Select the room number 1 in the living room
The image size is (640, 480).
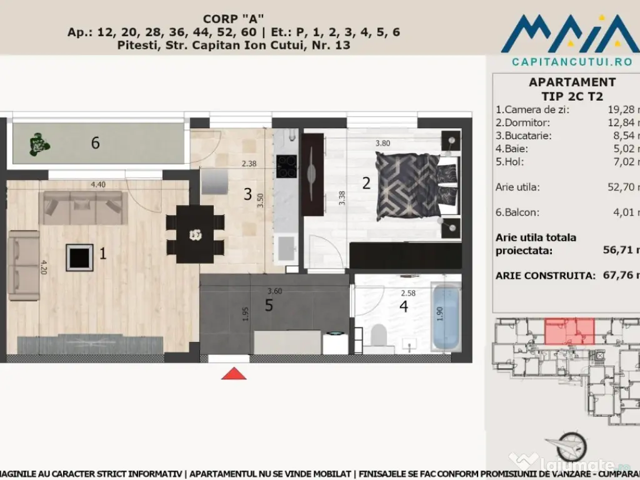coord(103,253)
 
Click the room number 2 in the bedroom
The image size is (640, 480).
coord(366,183)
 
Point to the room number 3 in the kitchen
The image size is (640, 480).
coord(247,194)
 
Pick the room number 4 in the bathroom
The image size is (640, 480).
coord(404,307)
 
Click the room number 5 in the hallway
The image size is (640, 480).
coord(269,306)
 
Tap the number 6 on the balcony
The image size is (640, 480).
coord(95,143)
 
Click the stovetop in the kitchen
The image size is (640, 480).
coord(287,166)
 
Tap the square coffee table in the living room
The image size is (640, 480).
coord(79,257)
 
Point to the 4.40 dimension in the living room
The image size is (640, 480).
coord(97,185)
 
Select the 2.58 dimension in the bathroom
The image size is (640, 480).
coord(408,293)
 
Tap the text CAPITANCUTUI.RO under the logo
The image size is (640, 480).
coord(563,61)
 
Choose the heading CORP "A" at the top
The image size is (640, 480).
coord(229,19)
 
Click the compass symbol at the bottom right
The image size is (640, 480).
coord(571,445)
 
